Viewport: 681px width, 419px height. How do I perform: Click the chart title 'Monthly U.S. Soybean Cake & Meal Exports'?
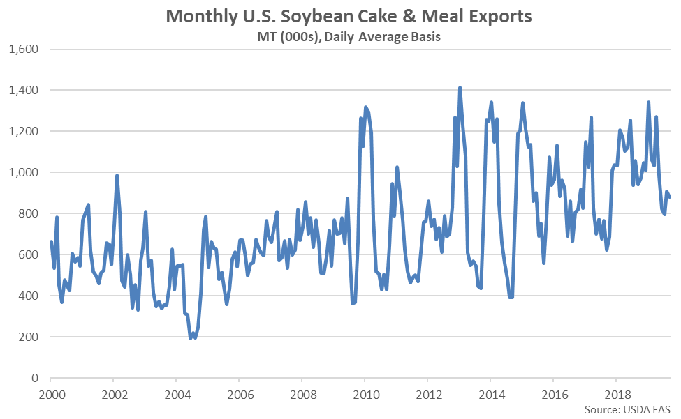point(340,15)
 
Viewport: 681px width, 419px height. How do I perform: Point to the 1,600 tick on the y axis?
point(25,49)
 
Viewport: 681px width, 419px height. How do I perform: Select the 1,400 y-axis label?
point(25,91)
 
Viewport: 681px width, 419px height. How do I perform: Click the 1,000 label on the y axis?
point(25,173)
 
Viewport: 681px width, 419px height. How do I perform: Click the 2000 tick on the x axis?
point(50,393)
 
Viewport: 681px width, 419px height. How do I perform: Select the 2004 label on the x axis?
point(176,393)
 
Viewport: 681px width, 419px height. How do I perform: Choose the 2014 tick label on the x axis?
point(490,393)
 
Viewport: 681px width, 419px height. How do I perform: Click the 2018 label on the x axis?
point(615,393)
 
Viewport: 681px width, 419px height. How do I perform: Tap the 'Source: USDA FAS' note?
point(630,408)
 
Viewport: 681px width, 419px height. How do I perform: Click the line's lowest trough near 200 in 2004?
point(191,338)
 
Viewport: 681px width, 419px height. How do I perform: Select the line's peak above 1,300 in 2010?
point(366,107)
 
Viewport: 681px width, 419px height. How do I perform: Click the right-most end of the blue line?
point(669,197)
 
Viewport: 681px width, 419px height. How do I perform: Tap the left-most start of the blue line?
point(50,242)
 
